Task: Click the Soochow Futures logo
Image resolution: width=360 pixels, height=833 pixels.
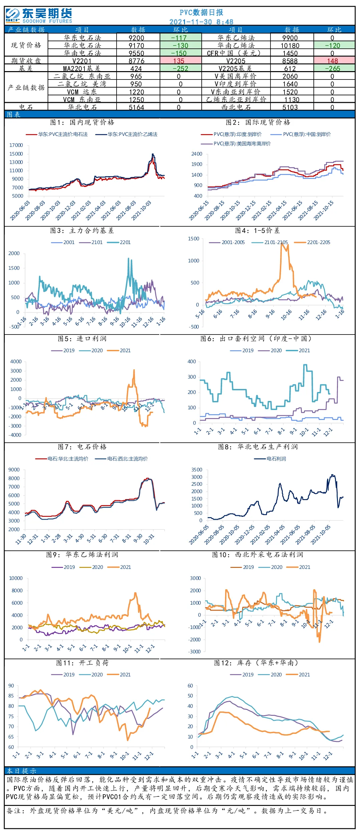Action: click(x=39, y=16)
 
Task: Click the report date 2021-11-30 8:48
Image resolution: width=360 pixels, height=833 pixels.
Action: click(x=201, y=22)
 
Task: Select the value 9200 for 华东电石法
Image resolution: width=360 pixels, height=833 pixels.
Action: click(x=136, y=38)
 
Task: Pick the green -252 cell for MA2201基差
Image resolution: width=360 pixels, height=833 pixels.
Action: click(x=181, y=68)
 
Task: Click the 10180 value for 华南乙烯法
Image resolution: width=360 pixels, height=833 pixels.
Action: click(x=290, y=45)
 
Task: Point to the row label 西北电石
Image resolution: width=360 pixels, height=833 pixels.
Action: click(x=236, y=107)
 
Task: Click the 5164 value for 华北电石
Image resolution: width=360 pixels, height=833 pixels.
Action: click(x=136, y=107)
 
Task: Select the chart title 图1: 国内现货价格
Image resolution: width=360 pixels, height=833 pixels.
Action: click(x=82, y=122)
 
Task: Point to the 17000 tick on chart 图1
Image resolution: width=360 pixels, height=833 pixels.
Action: click(x=16, y=145)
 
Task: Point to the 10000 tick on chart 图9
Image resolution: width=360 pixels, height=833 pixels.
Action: click(x=16, y=578)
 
